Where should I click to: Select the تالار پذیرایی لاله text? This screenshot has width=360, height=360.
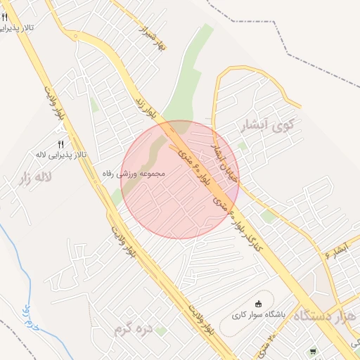pos(61,153)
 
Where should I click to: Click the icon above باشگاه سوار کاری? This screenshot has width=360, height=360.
pos(258,304)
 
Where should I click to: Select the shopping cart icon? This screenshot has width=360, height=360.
pos(312,351)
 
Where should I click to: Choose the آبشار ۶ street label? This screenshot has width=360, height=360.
pos(342,250)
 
